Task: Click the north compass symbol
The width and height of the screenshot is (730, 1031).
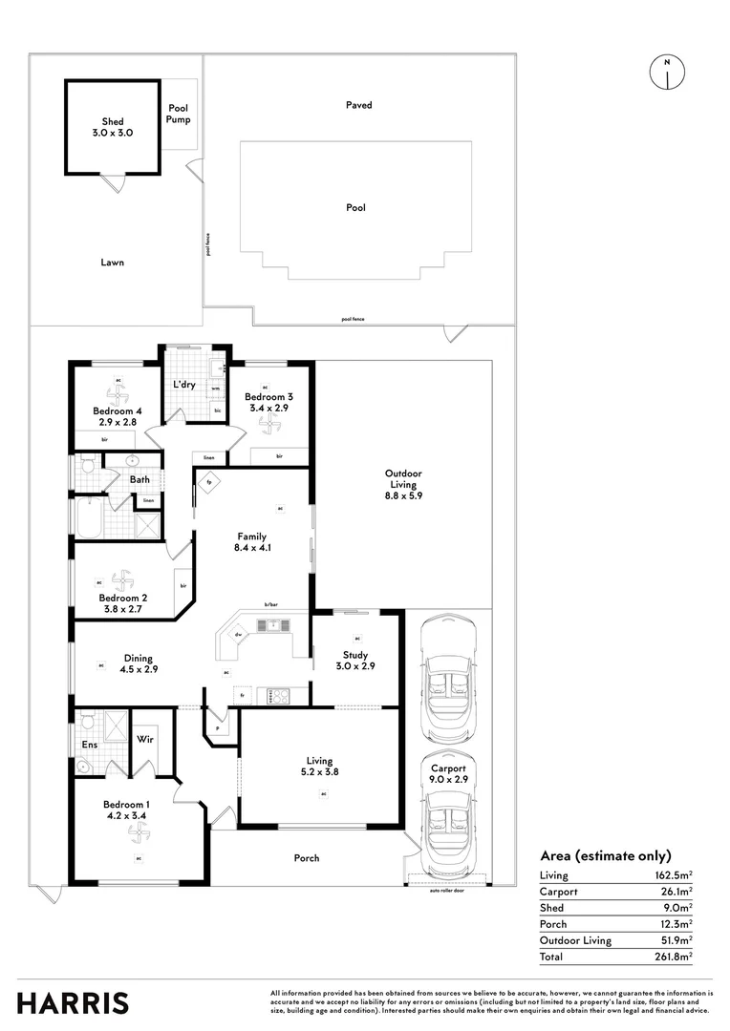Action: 666,73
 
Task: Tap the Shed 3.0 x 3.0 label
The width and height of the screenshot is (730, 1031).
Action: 112,128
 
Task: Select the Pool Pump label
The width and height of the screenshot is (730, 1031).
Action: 179,114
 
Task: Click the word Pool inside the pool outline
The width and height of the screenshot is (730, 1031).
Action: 355,207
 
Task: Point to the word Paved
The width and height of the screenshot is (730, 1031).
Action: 358,105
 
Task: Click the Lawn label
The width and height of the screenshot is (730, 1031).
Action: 112,262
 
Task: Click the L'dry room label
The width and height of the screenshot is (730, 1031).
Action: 183,385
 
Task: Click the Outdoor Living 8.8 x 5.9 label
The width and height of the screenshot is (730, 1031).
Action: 402,485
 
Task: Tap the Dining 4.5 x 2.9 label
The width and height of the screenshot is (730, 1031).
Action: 138,663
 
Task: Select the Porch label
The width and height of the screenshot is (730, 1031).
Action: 306,858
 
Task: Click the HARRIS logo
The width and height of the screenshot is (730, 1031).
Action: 73,1003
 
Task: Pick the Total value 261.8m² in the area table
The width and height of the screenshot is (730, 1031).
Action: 673,957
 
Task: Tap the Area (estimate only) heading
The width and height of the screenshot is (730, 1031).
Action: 606,855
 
